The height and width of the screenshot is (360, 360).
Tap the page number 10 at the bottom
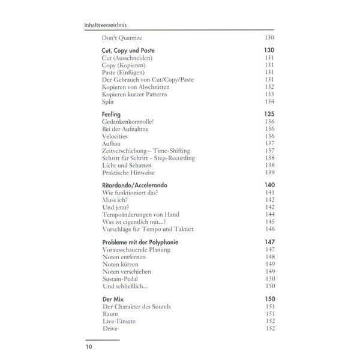[89, 346]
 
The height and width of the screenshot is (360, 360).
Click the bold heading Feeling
[112, 113]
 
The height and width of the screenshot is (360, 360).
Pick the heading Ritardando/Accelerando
[135, 185]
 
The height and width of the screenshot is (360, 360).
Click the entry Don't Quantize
[122, 38]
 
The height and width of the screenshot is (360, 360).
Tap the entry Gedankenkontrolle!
[128, 121]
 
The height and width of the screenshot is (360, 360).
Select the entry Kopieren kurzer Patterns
[134, 94]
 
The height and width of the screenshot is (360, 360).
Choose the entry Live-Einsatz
[120, 321]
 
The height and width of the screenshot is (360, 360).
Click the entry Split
[108, 101]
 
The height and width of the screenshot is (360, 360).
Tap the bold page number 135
[269, 113]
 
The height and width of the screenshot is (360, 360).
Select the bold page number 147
[269, 242]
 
